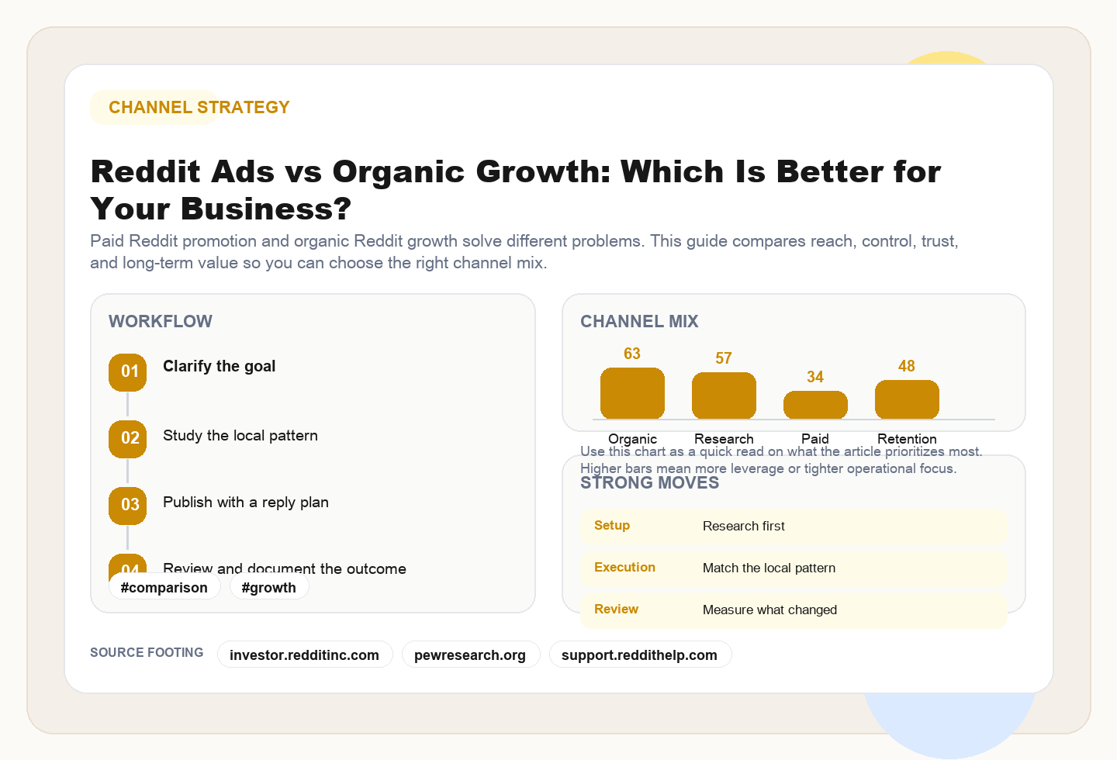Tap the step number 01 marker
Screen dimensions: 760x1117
(x=128, y=371)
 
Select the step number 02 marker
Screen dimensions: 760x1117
(x=128, y=438)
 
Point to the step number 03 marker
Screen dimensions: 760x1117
(x=128, y=505)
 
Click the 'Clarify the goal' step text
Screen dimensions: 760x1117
(x=219, y=366)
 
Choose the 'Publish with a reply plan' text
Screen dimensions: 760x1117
(x=245, y=503)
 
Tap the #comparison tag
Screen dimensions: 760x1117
(x=164, y=587)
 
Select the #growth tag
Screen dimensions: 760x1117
(x=268, y=587)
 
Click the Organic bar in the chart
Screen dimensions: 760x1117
(x=632, y=393)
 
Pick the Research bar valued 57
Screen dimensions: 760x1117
(x=724, y=396)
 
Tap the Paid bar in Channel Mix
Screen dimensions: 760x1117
(x=815, y=405)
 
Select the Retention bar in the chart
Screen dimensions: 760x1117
(x=907, y=399)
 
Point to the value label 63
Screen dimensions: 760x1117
(x=632, y=354)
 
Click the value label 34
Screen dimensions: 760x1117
(x=815, y=377)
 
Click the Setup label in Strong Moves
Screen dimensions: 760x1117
(x=612, y=526)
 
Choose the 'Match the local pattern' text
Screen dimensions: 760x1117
(x=769, y=568)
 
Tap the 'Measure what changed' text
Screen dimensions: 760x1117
(x=769, y=610)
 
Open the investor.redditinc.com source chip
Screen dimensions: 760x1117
(x=304, y=655)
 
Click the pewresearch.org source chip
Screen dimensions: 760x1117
(x=470, y=655)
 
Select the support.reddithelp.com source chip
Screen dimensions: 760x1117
(x=639, y=655)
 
